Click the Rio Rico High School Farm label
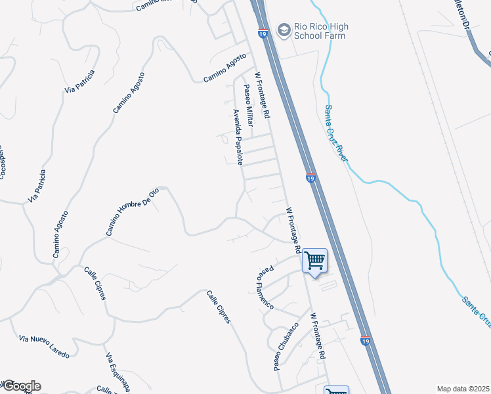point(321,31)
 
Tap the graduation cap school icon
point(284,29)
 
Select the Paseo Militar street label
point(249,105)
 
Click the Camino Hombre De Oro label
point(133,211)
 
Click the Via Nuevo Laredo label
point(45,346)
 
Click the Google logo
point(21,386)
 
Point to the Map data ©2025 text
point(462,389)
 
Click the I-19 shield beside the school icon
point(263,33)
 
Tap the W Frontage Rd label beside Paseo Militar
point(263,96)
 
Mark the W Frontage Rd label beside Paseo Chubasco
point(318,335)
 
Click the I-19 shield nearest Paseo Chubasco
point(366,341)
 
